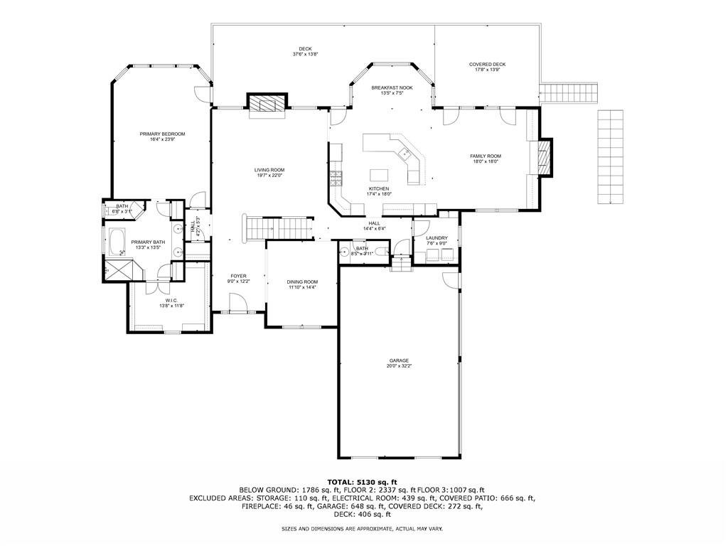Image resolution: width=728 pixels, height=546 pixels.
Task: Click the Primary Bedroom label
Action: pyautogui.click(x=162, y=134)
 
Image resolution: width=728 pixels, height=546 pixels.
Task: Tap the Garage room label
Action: pyautogui.click(x=398, y=360)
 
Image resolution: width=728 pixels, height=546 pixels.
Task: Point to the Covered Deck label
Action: pyautogui.click(x=487, y=64)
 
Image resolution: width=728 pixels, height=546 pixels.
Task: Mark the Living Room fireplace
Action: pyautogui.click(x=267, y=105)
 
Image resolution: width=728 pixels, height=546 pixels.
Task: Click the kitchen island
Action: pyautogui.click(x=380, y=174)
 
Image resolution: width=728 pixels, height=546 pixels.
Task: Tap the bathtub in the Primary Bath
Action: pyautogui.click(x=116, y=242)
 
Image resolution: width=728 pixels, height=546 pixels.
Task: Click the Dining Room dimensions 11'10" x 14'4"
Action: pyautogui.click(x=302, y=287)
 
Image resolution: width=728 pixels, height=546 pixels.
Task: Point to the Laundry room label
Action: pyautogui.click(x=437, y=238)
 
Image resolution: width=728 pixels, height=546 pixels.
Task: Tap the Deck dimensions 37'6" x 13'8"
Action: pyautogui.click(x=305, y=54)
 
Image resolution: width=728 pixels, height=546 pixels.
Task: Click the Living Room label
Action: pyautogui.click(x=269, y=170)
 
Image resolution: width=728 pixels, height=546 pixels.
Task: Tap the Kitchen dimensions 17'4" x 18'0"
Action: pyautogui.click(x=378, y=194)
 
